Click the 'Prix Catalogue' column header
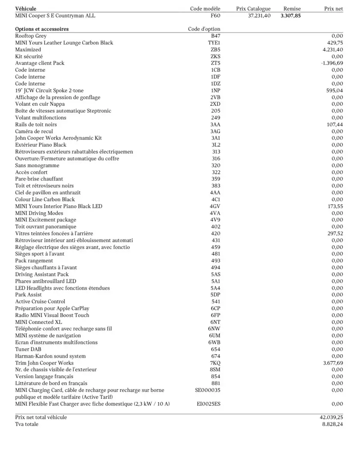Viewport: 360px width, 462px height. coord(253,9)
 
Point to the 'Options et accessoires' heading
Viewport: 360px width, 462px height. coord(42,29)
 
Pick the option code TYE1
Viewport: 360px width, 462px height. coord(214,43)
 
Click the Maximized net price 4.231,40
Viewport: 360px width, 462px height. coord(333,50)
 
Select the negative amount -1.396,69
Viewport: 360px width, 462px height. coord(332,63)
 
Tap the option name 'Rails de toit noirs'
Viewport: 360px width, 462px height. coord(36,124)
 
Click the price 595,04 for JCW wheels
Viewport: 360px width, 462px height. coord(334,91)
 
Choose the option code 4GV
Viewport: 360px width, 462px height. coord(215,206)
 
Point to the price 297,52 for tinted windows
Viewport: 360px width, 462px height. coord(334,234)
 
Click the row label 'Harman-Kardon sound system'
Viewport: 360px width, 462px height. coord(50,356)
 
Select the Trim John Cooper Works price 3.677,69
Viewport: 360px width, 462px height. coord(333,363)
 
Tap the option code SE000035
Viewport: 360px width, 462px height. coord(208,390)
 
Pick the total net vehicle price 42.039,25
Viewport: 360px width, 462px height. coord(328,418)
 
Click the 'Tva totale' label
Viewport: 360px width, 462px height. coord(27,424)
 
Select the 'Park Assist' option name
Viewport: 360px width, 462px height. coord(28,295)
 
